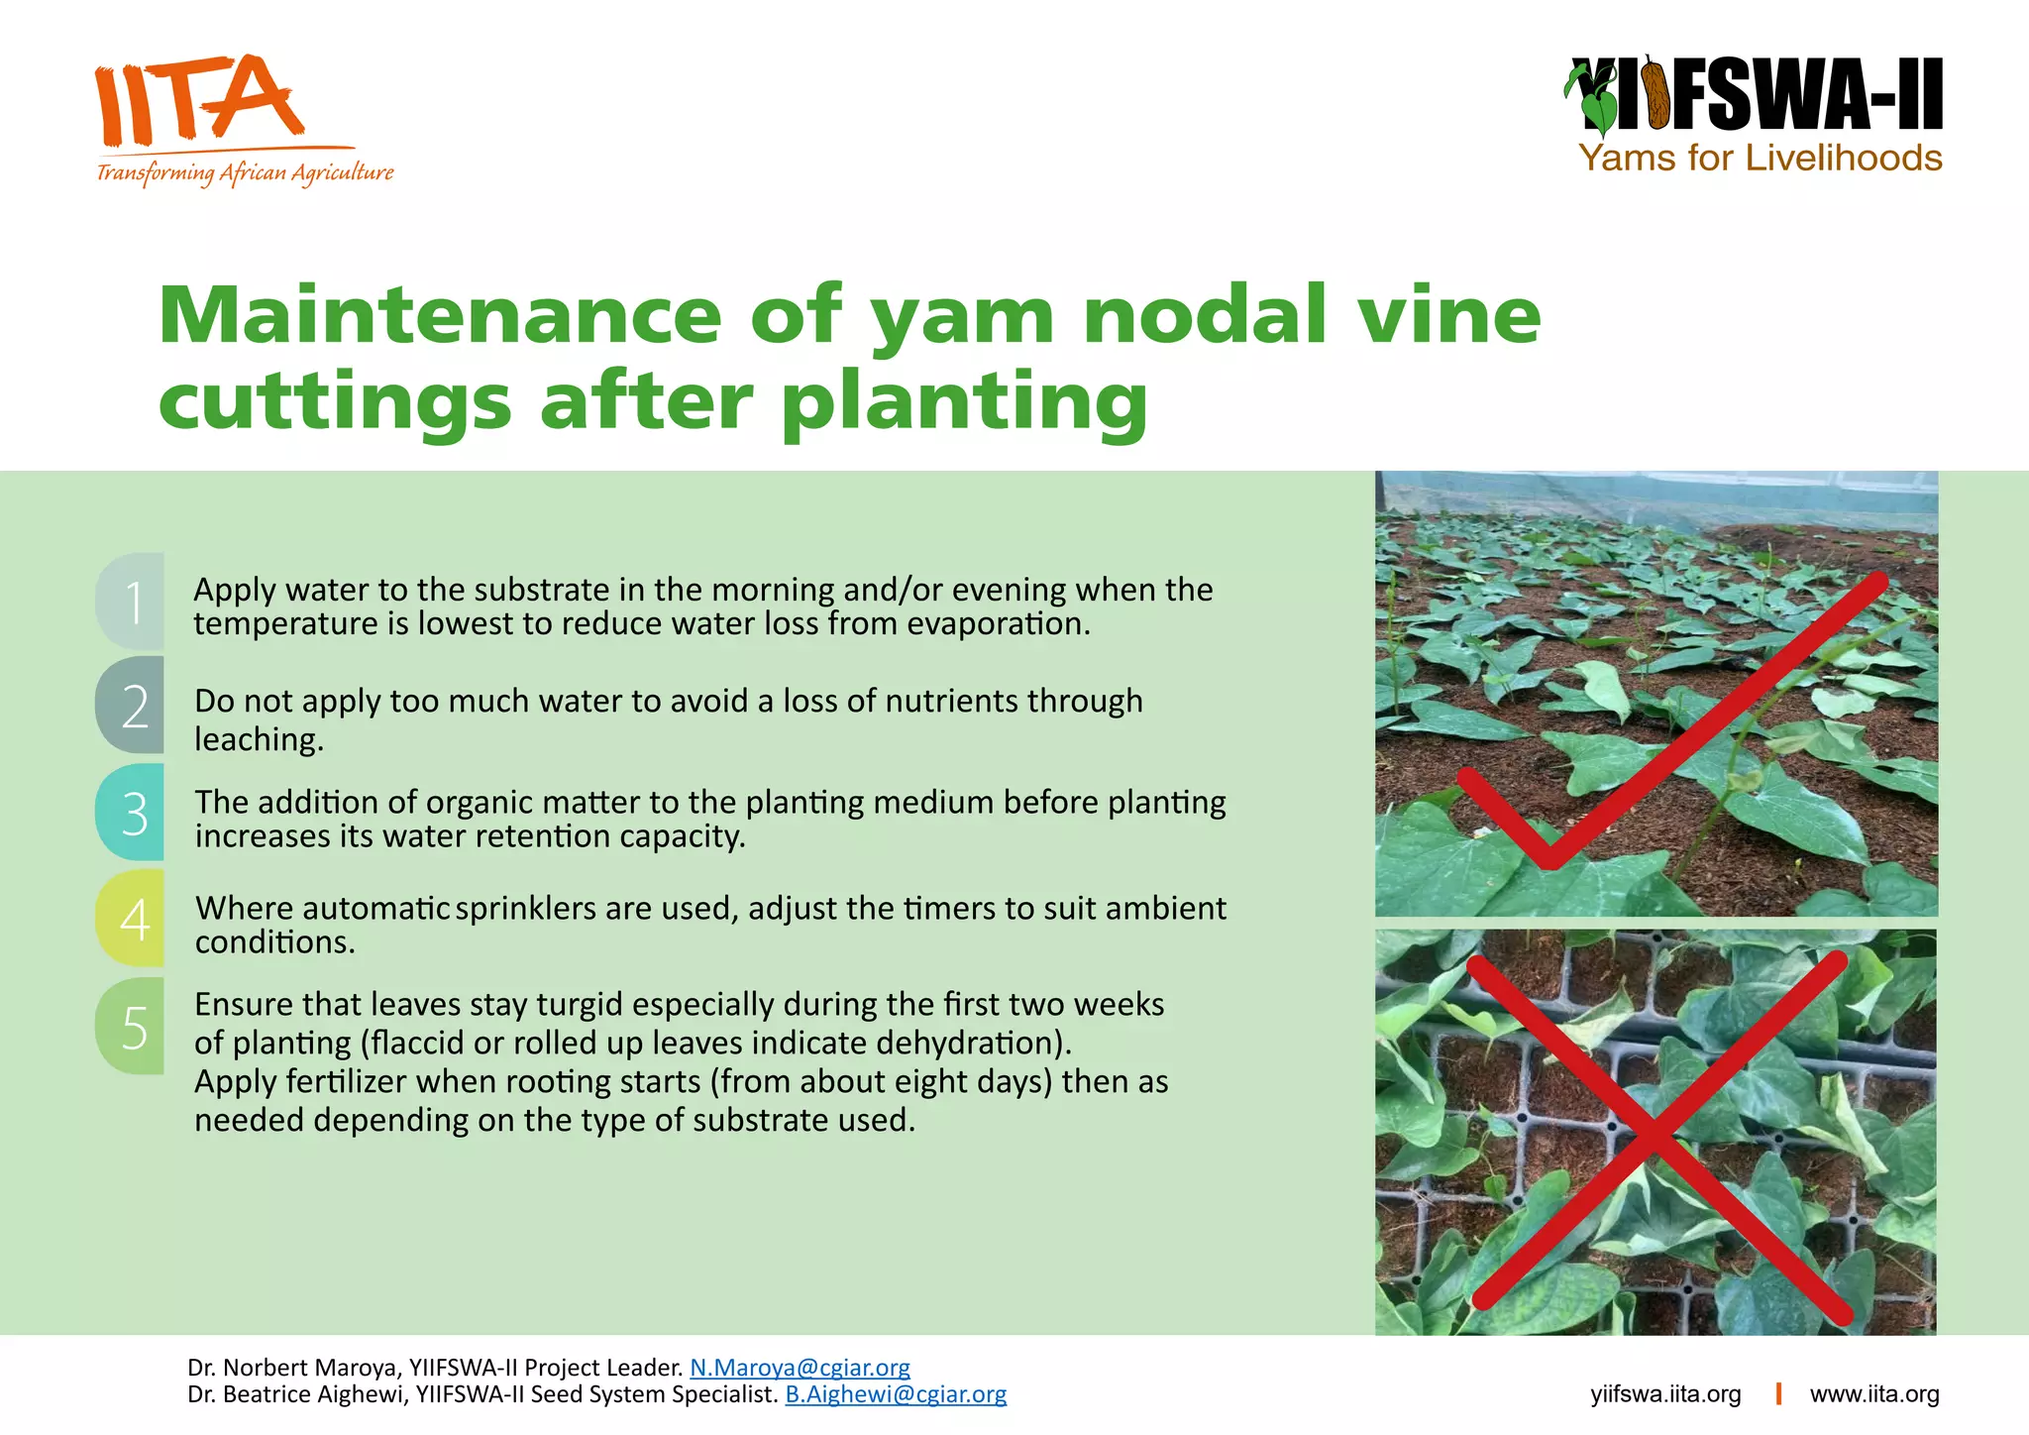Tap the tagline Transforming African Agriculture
245,173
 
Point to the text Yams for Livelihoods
1760,159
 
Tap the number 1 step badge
132,602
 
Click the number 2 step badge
132,706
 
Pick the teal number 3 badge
132,813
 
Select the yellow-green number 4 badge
132,919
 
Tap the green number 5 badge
132,1027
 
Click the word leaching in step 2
257,740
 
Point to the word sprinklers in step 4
525,908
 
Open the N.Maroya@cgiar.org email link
800,1368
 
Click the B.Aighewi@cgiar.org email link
896,1394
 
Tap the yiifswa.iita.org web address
1665,1394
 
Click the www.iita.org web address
1874,1394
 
